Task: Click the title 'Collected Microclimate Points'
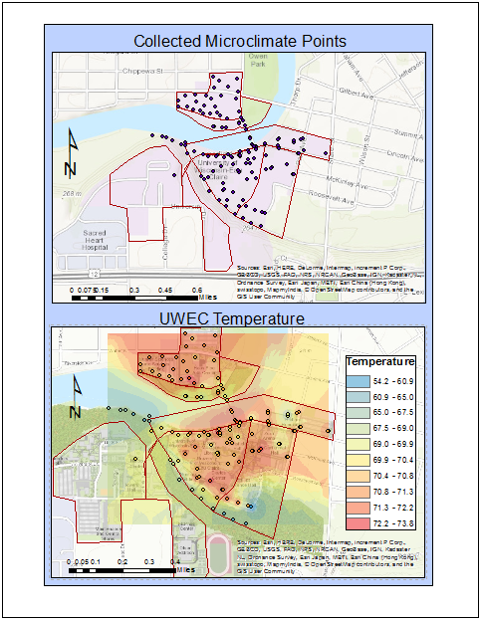point(240,41)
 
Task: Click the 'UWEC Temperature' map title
point(240,318)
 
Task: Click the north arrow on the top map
point(70,154)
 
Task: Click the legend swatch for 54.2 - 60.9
point(357,381)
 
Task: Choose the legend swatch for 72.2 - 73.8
point(357,521)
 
